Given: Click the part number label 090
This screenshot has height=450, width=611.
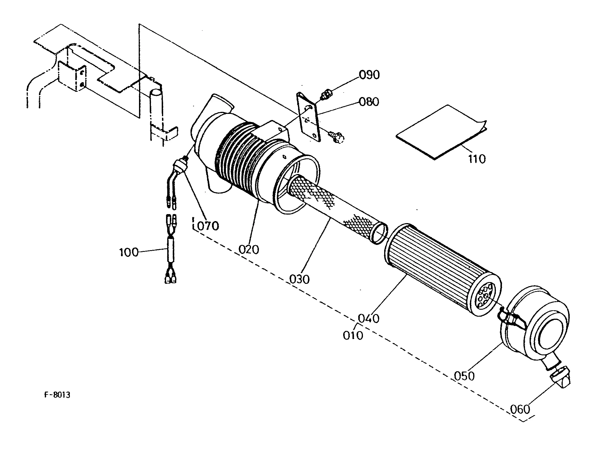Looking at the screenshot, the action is click(369, 75).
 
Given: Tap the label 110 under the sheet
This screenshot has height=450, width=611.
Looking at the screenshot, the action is click(477, 159).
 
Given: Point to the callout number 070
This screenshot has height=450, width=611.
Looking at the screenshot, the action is click(208, 226).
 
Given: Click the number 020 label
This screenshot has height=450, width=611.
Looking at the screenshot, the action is click(249, 250).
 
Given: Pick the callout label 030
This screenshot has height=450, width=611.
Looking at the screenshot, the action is click(299, 279).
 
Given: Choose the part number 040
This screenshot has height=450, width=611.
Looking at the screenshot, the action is click(368, 319).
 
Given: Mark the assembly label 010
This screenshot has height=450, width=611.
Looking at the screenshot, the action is click(353, 336).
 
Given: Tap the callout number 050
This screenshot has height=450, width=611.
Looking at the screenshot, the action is click(464, 376).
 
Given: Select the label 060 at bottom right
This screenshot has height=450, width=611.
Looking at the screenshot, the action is click(520, 409).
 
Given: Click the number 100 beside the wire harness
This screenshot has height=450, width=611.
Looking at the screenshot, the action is click(129, 252).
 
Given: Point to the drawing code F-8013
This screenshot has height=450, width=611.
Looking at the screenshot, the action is click(57, 395).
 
